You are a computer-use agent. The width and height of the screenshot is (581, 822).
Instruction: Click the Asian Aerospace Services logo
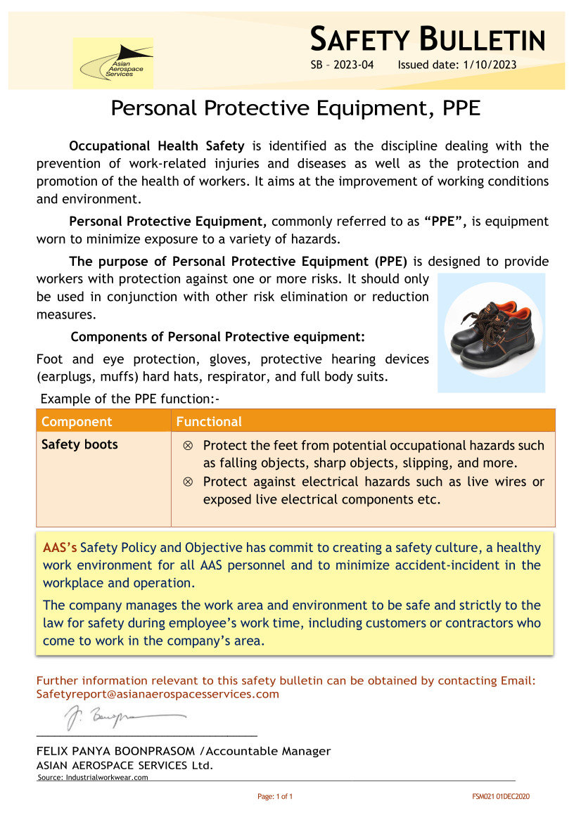point(113,63)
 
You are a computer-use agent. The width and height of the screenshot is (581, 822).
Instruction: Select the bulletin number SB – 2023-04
point(342,65)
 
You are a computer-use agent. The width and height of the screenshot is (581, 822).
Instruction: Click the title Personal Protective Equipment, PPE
point(295,108)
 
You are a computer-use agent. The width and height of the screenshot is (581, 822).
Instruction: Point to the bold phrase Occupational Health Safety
point(156,146)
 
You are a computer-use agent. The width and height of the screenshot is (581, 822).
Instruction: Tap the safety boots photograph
point(491,333)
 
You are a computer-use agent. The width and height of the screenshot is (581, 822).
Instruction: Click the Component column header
point(77,422)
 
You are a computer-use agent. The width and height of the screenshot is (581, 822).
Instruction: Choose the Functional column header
point(209,422)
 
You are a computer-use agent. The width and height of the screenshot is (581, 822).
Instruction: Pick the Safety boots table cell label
point(79,444)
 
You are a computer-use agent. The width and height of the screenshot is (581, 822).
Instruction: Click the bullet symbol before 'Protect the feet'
point(188,446)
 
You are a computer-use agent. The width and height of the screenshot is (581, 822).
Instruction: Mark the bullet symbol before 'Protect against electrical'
point(188,482)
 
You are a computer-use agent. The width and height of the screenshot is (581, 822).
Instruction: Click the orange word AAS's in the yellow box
point(60,548)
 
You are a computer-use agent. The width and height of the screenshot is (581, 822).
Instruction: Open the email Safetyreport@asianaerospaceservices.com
point(158,694)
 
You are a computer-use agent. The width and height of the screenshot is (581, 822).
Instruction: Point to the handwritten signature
point(120,718)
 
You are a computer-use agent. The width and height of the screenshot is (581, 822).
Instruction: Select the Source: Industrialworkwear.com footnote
point(92,777)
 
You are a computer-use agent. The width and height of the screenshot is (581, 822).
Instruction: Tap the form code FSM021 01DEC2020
point(500,797)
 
